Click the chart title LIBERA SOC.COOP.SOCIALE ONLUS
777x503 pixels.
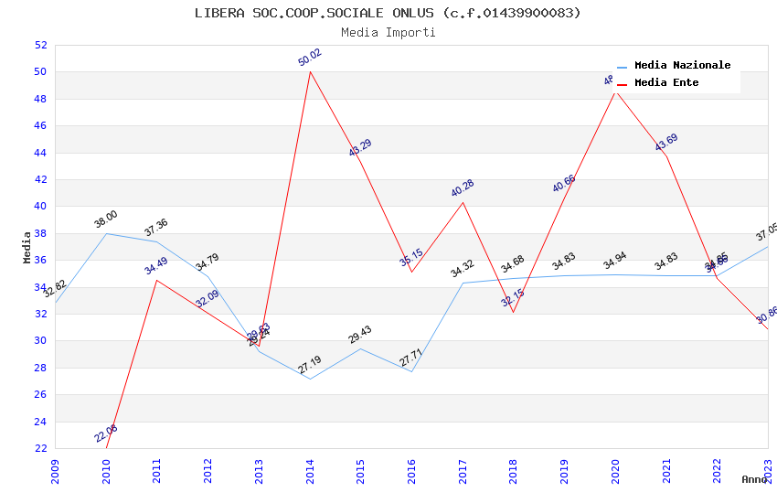pyautogui.click(x=388, y=13)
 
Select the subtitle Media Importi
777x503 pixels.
pyautogui.click(x=388, y=33)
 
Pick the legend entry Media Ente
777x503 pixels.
pyautogui.click(x=666, y=82)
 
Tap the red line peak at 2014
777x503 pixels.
pyautogui.click(x=310, y=71)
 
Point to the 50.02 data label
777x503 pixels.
pyautogui.click(x=310, y=58)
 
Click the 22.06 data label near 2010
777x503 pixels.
pyautogui.click(x=106, y=433)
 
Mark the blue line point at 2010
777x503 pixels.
pyautogui.click(x=106, y=233)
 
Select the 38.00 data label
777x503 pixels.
pyautogui.click(x=106, y=219)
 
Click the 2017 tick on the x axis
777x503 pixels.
pyautogui.click(x=463, y=466)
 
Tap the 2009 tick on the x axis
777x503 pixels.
pyautogui.click(x=55, y=466)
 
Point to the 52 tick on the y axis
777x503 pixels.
pyautogui.click(x=40, y=45)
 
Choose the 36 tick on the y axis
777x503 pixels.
pyautogui.click(x=40, y=260)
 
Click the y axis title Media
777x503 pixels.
pyautogui.click(x=27, y=247)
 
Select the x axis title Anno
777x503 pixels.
pyautogui.click(x=754, y=479)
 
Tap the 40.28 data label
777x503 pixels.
pyautogui.click(x=463, y=188)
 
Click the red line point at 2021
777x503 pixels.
pyautogui.click(x=666, y=156)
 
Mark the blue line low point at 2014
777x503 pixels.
pyautogui.click(x=310, y=379)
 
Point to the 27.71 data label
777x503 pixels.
pyautogui.click(x=411, y=358)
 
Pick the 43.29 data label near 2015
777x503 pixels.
pyautogui.click(x=361, y=148)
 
